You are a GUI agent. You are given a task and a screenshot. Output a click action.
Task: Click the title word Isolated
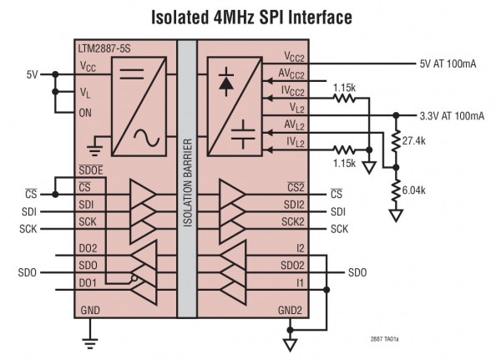click(x=186, y=17)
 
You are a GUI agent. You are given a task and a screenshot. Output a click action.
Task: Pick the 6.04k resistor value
click(x=415, y=191)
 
